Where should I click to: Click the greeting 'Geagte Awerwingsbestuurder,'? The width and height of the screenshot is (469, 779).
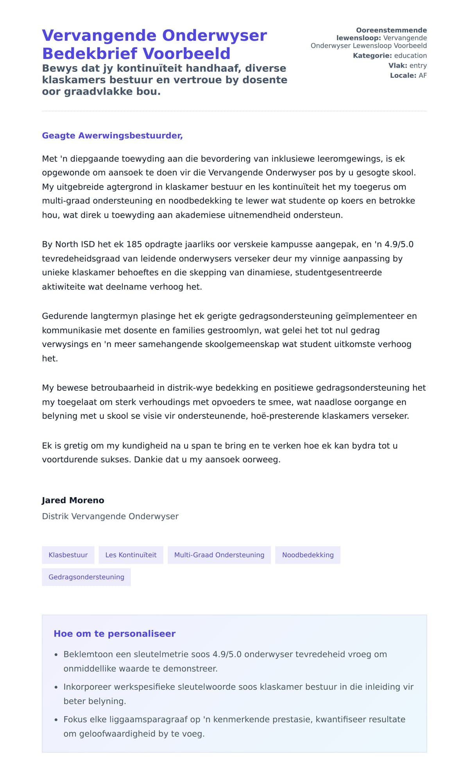point(112,136)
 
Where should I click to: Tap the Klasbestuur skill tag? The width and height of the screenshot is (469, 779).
point(68,555)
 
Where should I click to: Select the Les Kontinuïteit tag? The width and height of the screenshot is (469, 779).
point(131,555)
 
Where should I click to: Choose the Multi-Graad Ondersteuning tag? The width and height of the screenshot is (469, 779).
point(219,555)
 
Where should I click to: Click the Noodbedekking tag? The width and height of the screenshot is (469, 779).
point(308,555)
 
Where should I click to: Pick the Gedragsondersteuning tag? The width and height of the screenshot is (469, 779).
point(86,577)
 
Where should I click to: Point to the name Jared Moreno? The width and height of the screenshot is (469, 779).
point(73,500)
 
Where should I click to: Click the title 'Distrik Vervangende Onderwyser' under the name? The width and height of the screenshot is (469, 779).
point(110,516)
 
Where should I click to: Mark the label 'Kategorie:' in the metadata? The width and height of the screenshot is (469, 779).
point(372,56)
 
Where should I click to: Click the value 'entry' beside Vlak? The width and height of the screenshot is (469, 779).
point(418,66)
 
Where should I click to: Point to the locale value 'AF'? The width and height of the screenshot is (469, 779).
point(422,75)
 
